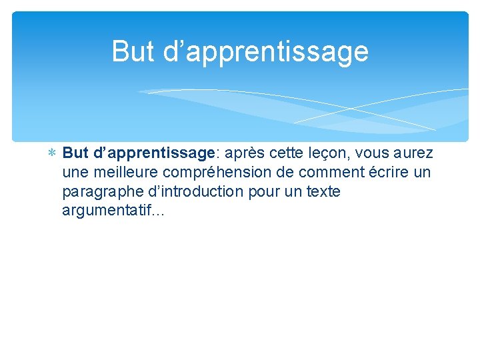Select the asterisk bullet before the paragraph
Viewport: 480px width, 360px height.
52,154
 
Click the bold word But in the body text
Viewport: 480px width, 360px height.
76,153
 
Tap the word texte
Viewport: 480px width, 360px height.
323,192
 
